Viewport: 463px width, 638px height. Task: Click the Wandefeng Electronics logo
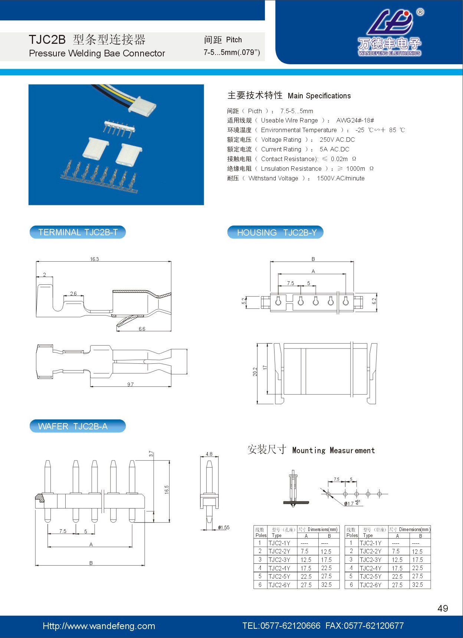(x=390, y=32)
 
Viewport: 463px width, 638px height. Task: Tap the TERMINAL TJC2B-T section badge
(x=78, y=232)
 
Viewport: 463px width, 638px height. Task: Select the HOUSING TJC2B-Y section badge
(x=275, y=233)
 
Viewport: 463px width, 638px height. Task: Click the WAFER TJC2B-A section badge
(x=78, y=426)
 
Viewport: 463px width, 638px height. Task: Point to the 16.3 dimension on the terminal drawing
(x=95, y=259)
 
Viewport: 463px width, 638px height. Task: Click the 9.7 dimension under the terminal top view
(x=130, y=385)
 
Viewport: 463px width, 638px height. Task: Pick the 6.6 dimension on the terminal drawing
(x=142, y=329)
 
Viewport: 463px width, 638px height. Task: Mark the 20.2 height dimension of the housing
(x=255, y=372)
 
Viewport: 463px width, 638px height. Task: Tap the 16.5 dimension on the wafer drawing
(x=167, y=490)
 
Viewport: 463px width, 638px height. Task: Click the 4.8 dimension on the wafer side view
(x=209, y=454)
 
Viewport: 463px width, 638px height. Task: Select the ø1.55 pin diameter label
(x=224, y=527)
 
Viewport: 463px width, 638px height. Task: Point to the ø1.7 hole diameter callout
(x=352, y=503)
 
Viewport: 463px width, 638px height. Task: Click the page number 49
(x=443, y=608)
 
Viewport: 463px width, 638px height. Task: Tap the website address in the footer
(x=99, y=626)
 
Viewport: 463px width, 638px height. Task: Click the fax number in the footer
(x=364, y=626)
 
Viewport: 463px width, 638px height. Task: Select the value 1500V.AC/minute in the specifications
(x=341, y=178)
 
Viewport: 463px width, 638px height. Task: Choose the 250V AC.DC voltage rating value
(x=337, y=140)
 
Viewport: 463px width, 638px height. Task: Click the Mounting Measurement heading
(x=334, y=450)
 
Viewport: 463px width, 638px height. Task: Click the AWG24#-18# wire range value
(x=355, y=120)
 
